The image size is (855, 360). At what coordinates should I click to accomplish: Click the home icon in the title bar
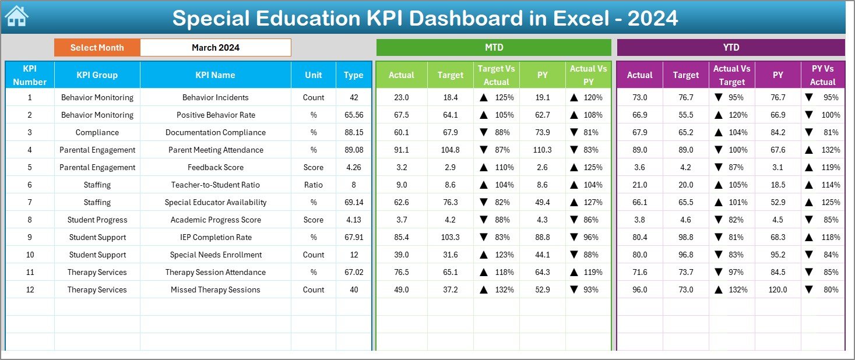16,17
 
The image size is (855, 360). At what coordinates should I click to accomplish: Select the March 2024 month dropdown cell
215,48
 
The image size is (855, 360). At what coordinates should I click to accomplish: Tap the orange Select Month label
97,48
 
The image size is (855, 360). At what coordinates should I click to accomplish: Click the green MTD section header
494,47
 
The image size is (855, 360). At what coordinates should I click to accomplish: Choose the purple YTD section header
731,47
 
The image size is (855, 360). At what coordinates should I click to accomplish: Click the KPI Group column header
97,75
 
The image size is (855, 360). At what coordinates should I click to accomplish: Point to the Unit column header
313,75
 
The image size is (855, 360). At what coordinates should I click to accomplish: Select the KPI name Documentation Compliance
216,132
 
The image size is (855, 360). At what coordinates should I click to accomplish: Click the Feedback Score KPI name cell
216,167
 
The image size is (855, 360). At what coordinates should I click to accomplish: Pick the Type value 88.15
354,132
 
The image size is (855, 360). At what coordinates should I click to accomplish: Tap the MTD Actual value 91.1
402,150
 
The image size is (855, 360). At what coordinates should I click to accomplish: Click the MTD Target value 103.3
451,237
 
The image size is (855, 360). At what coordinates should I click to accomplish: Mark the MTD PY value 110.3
542,150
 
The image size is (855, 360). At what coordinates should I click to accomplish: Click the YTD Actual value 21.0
639,185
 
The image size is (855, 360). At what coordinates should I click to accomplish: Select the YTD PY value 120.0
777,290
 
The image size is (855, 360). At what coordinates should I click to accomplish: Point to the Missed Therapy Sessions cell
216,290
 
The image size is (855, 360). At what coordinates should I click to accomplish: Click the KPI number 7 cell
30,202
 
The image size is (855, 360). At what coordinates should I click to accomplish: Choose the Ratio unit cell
313,185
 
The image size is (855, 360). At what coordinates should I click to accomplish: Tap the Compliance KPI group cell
97,132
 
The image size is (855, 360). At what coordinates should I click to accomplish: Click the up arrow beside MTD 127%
574,203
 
